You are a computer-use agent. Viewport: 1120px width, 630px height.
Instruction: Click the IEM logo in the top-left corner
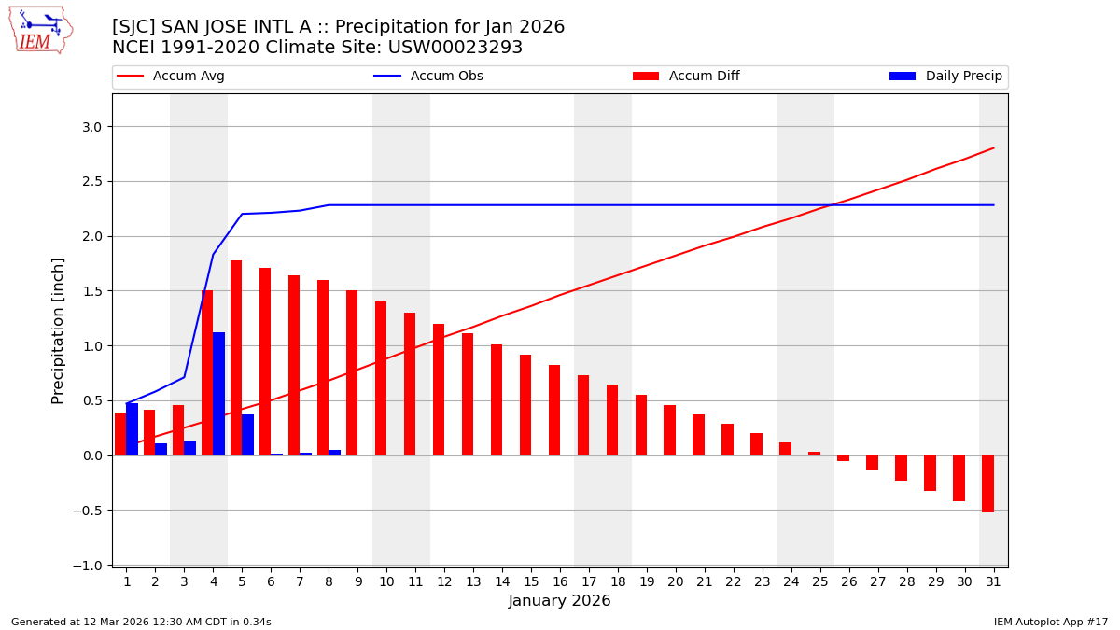click(x=40, y=30)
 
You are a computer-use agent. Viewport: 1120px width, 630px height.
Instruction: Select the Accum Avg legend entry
click(x=188, y=77)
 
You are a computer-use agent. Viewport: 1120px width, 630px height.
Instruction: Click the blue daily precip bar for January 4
click(x=218, y=394)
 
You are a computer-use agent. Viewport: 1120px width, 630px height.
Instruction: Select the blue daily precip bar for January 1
click(x=132, y=429)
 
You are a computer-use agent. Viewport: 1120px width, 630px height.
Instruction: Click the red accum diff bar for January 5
click(x=236, y=357)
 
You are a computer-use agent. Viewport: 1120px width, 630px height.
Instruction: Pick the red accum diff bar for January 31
click(x=987, y=483)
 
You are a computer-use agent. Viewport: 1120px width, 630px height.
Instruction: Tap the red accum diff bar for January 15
click(x=525, y=405)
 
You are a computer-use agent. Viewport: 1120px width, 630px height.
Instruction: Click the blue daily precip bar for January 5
click(x=247, y=435)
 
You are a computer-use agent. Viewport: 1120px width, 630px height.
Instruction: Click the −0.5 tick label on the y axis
click(x=90, y=511)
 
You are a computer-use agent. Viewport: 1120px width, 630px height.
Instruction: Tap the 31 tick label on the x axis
click(x=993, y=581)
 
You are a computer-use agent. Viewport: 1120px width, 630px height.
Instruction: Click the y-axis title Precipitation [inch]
click(x=58, y=330)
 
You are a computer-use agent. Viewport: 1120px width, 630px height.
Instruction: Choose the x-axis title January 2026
click(x=559, y=601)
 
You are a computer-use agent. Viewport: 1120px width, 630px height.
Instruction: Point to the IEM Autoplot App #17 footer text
click(x=1051, y=622)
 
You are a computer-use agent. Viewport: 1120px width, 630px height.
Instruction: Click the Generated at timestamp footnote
click(x=141, y=622)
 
